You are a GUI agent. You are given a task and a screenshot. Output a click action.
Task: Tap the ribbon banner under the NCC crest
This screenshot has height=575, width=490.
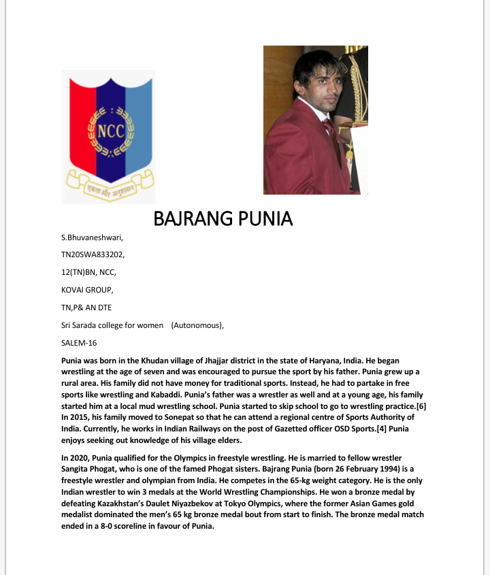tap(110, 184)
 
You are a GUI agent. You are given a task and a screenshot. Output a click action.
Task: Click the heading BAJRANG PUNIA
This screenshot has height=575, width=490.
tap(223, 219)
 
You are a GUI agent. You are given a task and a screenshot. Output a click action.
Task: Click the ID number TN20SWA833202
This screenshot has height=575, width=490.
tap(93, 255)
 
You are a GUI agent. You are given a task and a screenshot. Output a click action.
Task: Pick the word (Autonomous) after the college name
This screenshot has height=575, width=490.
tap(197, 325)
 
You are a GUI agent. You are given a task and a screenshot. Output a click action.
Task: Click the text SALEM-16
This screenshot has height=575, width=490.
tap(79, 342)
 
